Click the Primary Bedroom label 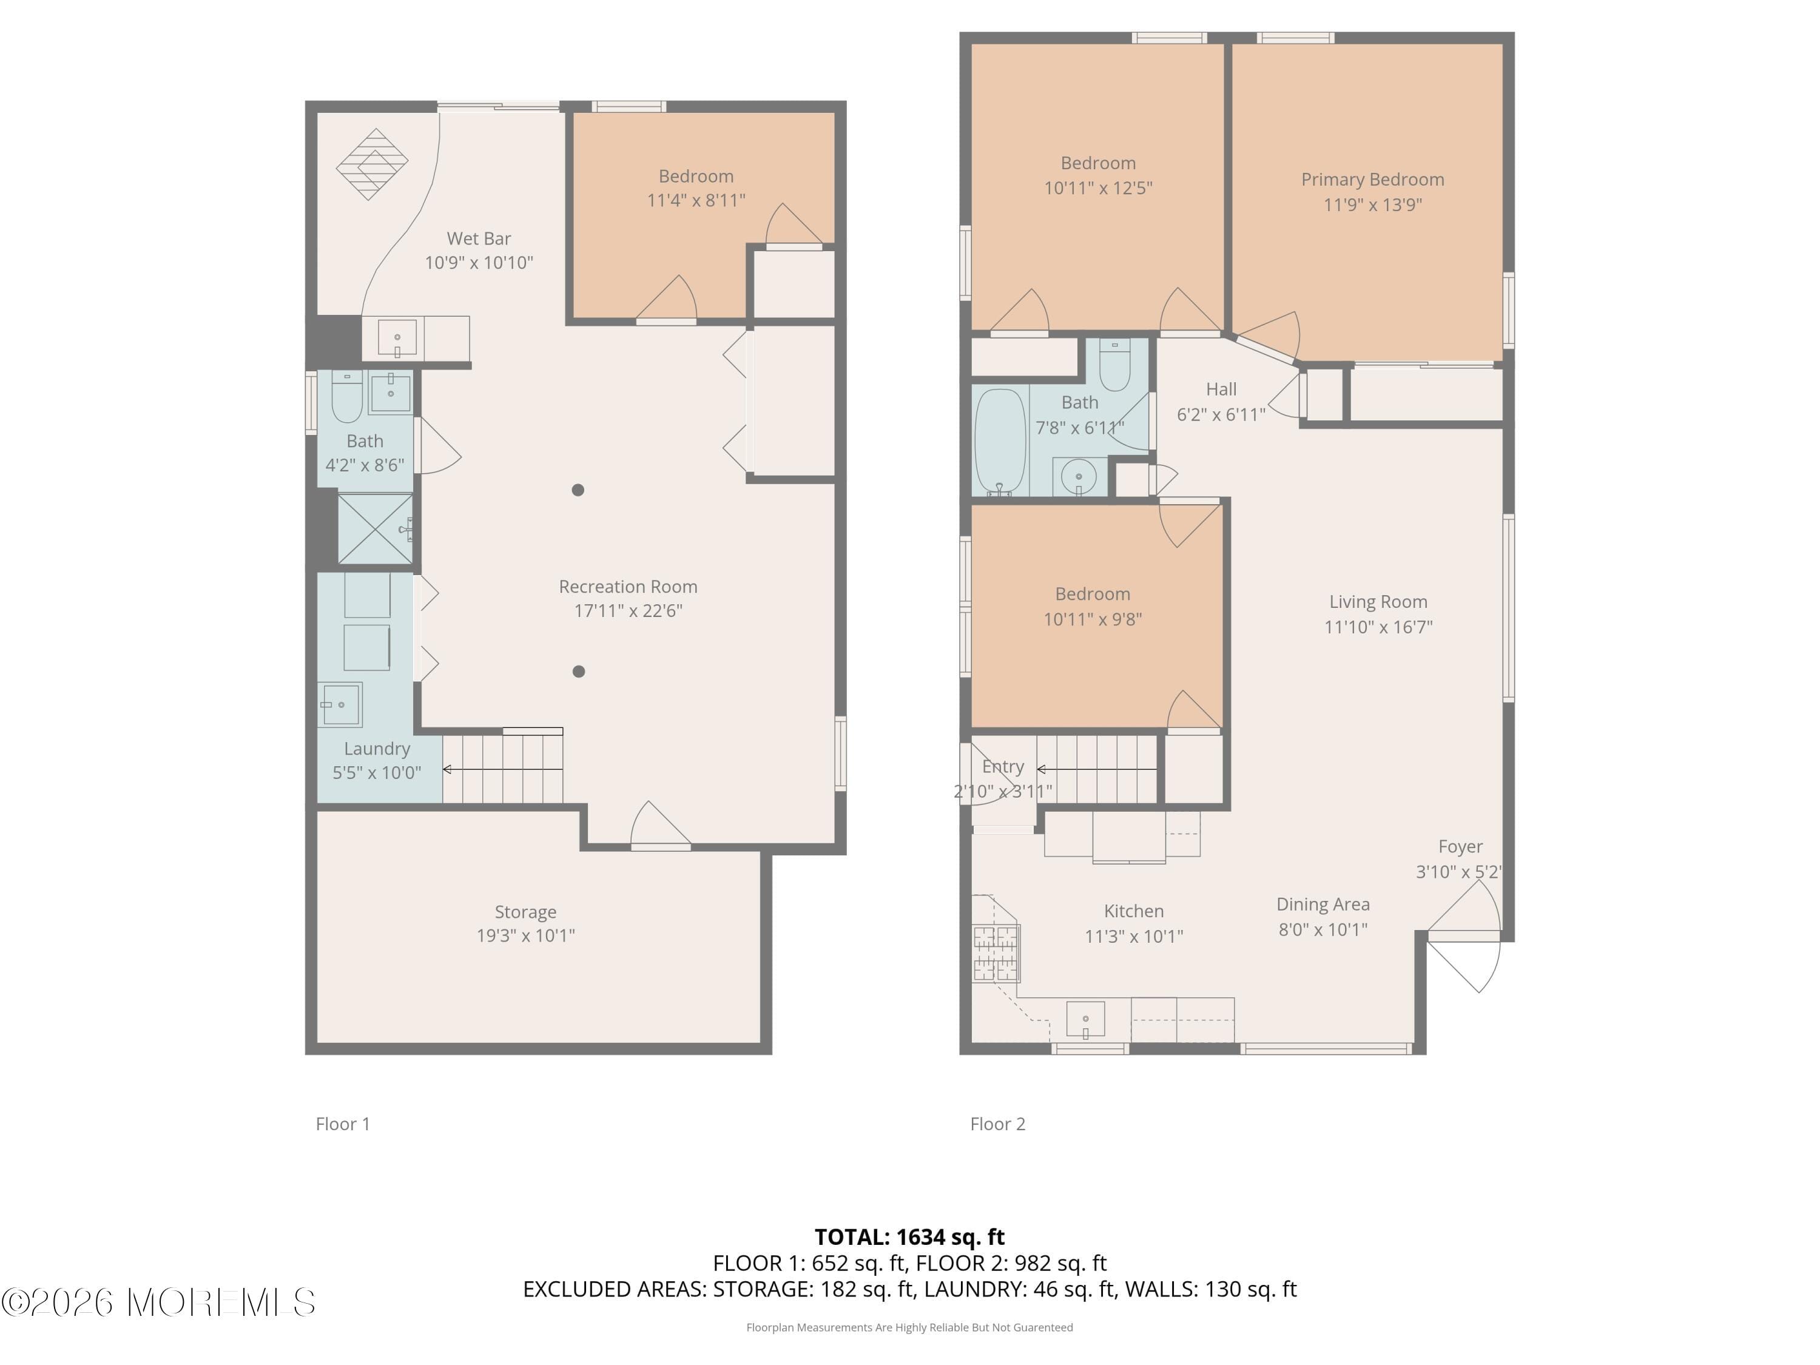(1372, 180)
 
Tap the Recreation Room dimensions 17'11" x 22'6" (628, 610)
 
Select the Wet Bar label (479, 238)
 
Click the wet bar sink (397, 338)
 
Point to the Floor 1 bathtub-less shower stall (375, 529)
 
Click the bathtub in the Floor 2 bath (1000, 442)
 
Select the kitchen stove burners (996, 954)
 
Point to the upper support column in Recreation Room (578, 490)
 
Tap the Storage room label (525, 912)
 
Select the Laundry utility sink (340, 705)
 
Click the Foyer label (1460, 847)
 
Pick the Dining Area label (1322, 905)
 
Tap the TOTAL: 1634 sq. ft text (909, 1236)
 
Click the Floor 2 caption (997, 1124)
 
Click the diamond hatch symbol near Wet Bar (372, 164)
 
